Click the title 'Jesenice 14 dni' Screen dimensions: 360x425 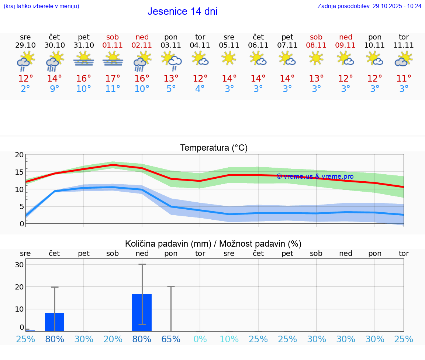(182, 11)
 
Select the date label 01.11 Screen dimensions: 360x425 (113, 45)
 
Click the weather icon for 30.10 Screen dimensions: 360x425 (55, 61)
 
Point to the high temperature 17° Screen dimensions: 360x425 (113, 79)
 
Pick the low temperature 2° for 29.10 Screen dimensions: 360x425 (25, 89)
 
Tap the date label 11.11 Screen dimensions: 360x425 (404, 45)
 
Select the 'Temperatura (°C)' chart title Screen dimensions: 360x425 (214, 148)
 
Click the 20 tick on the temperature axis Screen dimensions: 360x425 (19, 155)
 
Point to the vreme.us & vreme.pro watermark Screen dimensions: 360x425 (315, 176)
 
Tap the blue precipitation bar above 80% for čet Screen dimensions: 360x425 (55, 322)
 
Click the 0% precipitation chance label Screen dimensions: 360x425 (200, 339)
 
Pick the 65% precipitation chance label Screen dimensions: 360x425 (171, 339)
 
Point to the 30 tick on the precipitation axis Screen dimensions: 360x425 (19, 265)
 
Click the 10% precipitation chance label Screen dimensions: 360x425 (229, 339)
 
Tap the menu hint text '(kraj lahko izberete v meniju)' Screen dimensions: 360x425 (41, 6)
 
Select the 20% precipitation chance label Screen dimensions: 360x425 (113, 339)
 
